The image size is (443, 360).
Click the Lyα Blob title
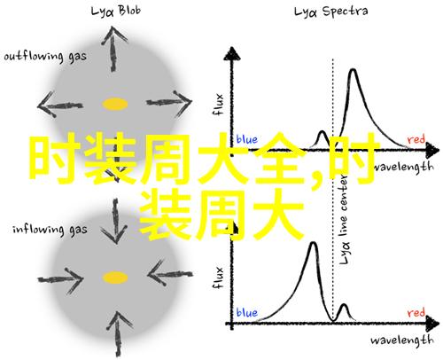tap(115, 12)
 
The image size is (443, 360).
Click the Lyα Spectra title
tap(330, 12)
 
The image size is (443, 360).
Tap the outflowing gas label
tap(45, 56)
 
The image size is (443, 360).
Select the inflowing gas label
tap(50, 230)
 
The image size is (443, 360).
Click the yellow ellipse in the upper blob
tap(115, 104)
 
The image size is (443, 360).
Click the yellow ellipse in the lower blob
tap(115, 278)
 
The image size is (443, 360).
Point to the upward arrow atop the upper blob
tap(113, 49)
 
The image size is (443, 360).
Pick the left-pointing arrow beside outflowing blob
tap(60, 105)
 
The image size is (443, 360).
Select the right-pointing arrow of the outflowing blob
tap(169, 103)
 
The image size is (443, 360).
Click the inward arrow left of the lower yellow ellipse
tap(61, 279)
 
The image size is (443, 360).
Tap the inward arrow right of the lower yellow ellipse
tap(170, 274)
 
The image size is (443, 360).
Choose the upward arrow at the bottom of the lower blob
tap(119, 334)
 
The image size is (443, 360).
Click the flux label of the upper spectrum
tap(218, 105)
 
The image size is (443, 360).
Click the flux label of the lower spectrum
tap(218, 278)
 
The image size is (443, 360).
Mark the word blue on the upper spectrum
tap(247, 139)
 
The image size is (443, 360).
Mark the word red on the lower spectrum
tap(416, 312)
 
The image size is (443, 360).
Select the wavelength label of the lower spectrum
tap(402, 340)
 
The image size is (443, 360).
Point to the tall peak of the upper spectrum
tap(353, 70)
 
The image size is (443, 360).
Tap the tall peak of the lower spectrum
tap(314, 243)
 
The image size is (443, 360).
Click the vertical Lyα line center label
tap(344, 219)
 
